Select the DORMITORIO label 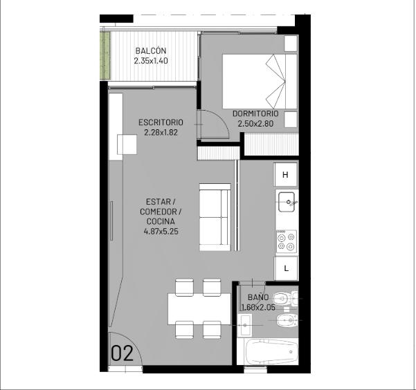click(255, 113)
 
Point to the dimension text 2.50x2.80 click(255, 124)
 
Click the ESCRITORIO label click(161, 122)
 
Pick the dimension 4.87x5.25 click(161, 232)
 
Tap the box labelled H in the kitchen click(285, 175)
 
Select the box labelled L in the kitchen click(286, 268)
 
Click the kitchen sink click(287, 202)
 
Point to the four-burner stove click(287, 241)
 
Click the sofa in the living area click(215, 217)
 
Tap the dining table click(199, 308)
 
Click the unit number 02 click(122, 353)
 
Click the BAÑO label click(258, 297)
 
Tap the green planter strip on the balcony click(105, 56)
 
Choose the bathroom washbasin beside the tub click(244, 324)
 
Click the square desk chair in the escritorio click(127, 145)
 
